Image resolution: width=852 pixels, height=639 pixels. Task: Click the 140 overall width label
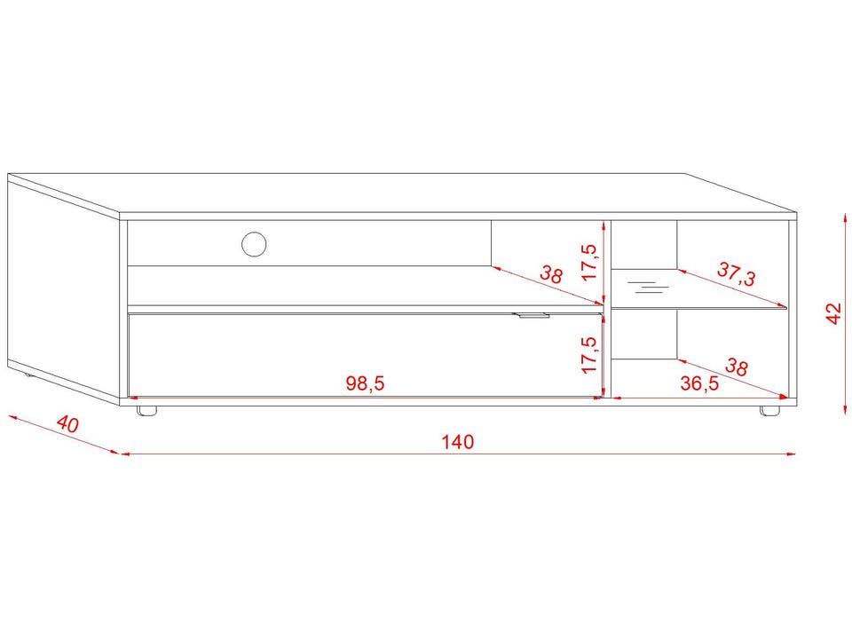click(458, 442)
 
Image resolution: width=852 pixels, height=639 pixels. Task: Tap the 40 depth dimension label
click(68, 424)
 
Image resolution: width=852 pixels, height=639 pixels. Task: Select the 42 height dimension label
click(833, 313)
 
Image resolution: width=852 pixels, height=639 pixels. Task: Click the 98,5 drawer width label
click(365, 383)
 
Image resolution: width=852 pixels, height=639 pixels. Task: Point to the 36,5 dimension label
click(700, 383)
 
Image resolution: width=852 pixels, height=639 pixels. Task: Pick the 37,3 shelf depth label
click(737, 274)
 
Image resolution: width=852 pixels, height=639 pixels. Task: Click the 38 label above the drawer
click(551, 274)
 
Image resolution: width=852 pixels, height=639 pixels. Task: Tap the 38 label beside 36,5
click(737, 367)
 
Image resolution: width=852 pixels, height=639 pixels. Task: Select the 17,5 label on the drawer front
click(589, 355)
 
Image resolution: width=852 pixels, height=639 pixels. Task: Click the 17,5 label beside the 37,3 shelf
click(589, 262)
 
